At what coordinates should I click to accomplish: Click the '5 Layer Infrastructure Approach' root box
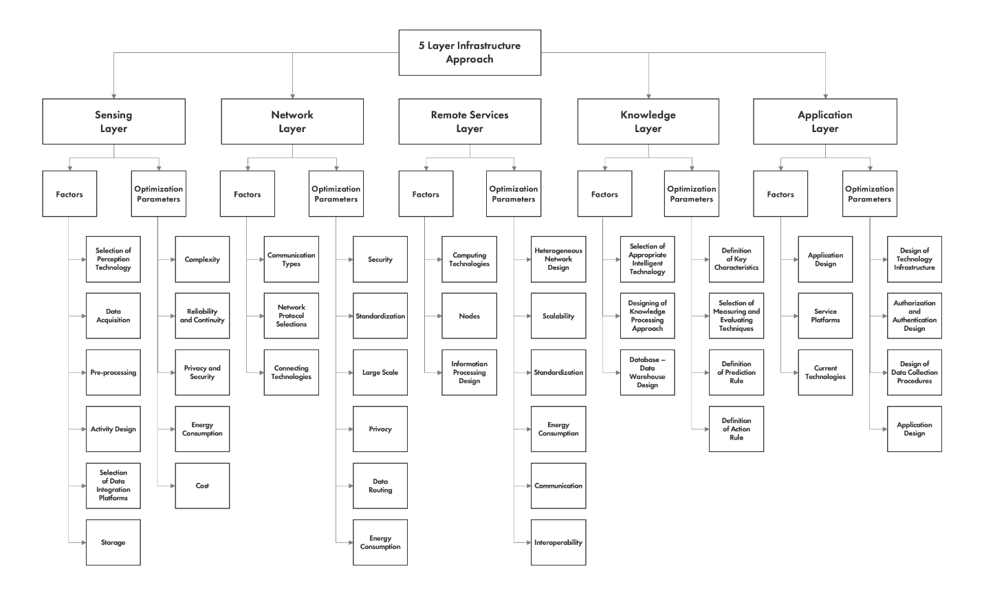click(x=470, y=52)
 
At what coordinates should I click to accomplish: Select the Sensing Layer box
click(x=113, y=122)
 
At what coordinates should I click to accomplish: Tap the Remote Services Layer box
click(x=470, y=122)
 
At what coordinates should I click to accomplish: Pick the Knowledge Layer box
click(x=648, y=122)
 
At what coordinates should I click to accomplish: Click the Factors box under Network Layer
click(x=247, y=194)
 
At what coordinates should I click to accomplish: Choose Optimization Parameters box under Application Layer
click(x=869, y=194)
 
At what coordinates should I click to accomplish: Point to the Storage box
click(x=113, y=542)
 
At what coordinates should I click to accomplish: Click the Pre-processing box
click(x=113, y=372)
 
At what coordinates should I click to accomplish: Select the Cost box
click(x=202, y=486)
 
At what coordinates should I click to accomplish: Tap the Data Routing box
click(x=380, y=486)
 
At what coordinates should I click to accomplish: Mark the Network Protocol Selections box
click(x=291, y=316)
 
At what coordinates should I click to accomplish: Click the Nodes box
click(x=469, y=316)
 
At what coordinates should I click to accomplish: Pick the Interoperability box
click(x=558, y=542)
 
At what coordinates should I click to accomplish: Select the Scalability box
click(x=558, y=316)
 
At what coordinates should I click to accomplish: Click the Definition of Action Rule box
click(x=736, y=429)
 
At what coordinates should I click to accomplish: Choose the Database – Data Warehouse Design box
click(x=647, y=372)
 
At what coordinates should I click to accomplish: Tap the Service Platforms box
click(x=825, y=316)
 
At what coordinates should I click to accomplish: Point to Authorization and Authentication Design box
click(x=914, y=316)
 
